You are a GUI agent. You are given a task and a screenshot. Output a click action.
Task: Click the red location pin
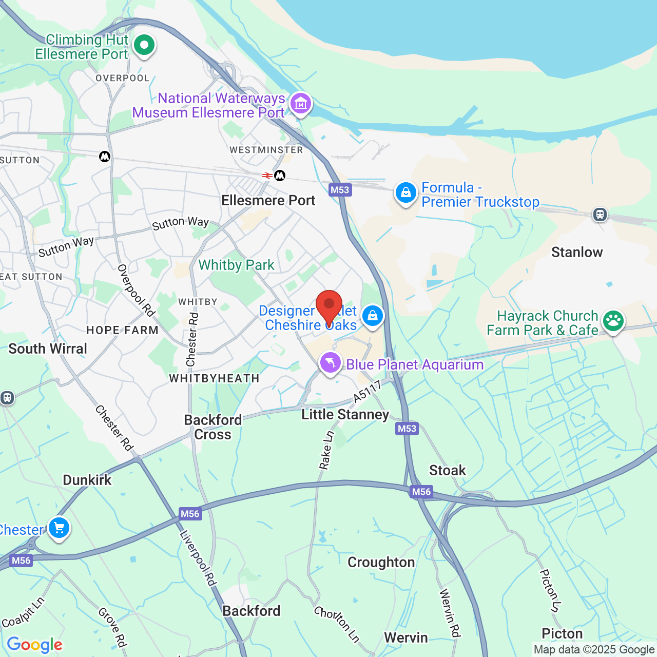point(329,305)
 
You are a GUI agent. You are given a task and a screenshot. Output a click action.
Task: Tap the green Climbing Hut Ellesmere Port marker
point(144,45)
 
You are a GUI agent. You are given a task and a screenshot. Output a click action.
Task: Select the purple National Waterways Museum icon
point(300,103)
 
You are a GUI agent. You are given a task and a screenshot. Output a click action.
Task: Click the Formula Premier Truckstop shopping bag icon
point(405,193)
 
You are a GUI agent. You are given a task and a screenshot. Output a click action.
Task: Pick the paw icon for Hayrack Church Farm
point(613,321)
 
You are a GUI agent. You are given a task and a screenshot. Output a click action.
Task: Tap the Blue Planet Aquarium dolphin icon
point(331,363)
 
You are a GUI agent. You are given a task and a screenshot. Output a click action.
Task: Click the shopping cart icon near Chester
point(59,527)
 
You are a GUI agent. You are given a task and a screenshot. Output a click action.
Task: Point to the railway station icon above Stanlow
point(600,214)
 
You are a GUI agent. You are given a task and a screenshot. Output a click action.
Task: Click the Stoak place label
point(448,470)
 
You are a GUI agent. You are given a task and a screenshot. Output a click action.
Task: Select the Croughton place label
point(381,562)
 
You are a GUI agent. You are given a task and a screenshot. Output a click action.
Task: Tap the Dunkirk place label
point(87,480)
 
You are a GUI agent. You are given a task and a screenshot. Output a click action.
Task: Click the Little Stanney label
point(345,414)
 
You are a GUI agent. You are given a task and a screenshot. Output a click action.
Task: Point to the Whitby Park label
point(236,265)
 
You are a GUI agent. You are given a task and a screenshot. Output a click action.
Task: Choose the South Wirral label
point(48,349)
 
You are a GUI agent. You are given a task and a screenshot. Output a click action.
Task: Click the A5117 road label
point(368,392)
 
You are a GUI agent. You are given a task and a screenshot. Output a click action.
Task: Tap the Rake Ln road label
point(326,450)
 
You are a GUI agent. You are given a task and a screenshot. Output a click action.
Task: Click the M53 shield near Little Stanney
point(407,429)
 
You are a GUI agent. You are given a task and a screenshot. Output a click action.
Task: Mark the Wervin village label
point(405,637)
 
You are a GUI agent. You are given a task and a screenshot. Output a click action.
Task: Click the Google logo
point(34,645)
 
